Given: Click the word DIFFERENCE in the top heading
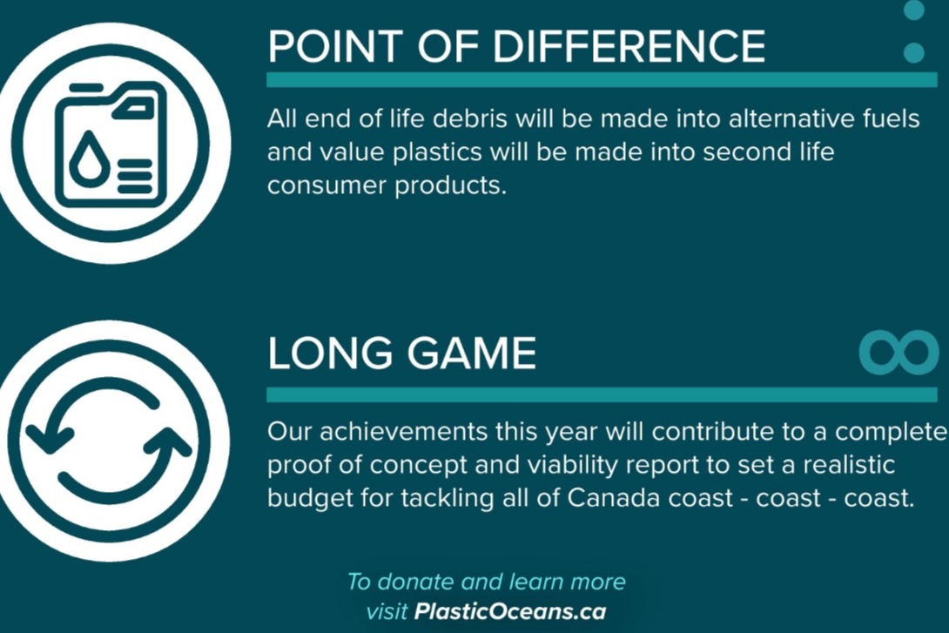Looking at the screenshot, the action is pyautogui.click(x=629, y=46).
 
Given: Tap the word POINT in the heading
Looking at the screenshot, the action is pyautogui.click(x=334, y=46).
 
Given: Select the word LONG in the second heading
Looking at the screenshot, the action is pyautogui.click(x=330, y=353).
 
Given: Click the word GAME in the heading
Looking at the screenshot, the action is pyautogui.click(x=472, y=353).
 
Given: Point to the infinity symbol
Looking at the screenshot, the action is pyautogui.click(x=899, y=353).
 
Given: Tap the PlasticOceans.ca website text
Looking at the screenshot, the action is pyautogui.click(x=509, y=611).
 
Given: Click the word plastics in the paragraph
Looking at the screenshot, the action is pyautogui.click(x=437, y=152).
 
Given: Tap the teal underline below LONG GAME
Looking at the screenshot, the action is pyautogui.click(x=602, y=394).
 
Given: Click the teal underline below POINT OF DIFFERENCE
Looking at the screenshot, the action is pyautogui.click(x=602, y=79).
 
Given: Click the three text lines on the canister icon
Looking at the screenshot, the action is pyautogui.click(x=134, y=176).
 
